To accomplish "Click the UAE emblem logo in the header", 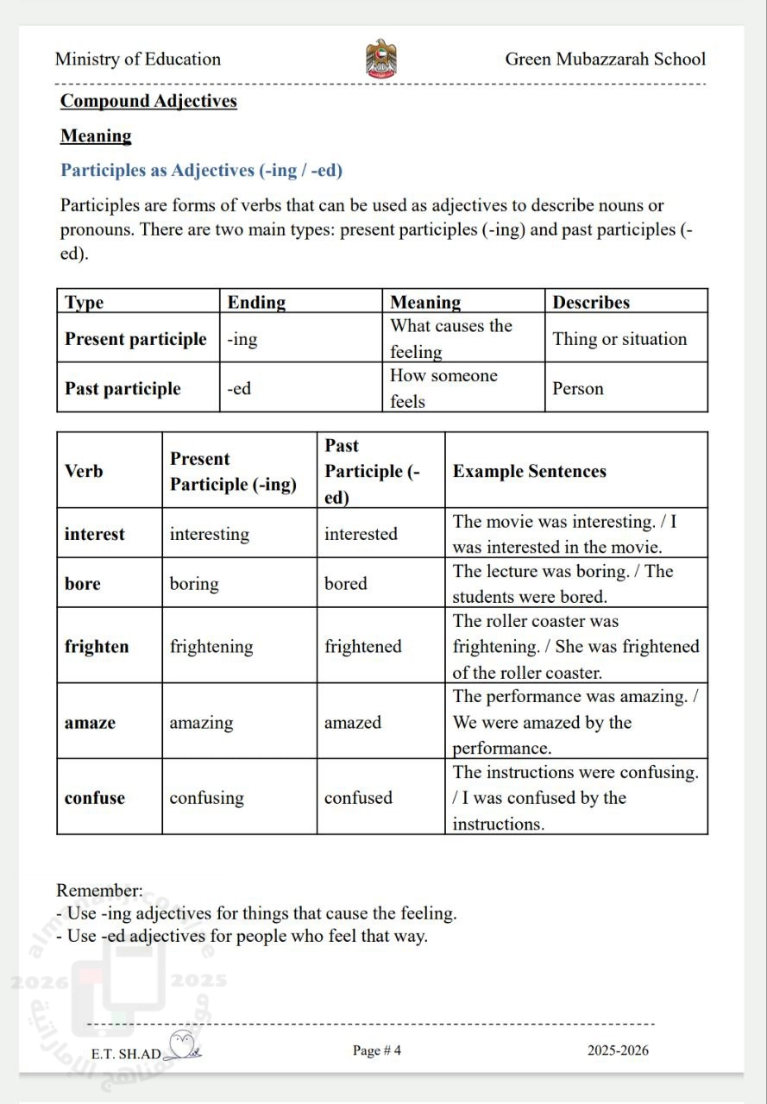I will click(x=381, y=59).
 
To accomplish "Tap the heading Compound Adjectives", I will click(x=148, y=101).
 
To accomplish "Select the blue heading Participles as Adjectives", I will click(x=201, y=170).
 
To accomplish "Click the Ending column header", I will click(x=256, y=302).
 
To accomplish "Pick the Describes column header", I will click(x=591, y=302).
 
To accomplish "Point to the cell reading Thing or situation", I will click(x=619, y=339).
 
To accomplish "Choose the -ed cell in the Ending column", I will click(x=239, y=388).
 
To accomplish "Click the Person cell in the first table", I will click(x=578, y=388).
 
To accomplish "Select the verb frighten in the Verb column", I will click(x=97, y=646).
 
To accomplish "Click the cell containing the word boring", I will click(x=194, y=583).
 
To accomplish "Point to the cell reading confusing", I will click(x=206, y=798).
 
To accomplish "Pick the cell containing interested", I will click(x=361, y=534).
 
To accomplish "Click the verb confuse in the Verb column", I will click(x=94, y=798).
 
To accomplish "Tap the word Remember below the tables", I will click(x=99, y=890).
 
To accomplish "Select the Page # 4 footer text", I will click(x=377, y=1050).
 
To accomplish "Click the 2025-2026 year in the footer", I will click(x=618, y=1050).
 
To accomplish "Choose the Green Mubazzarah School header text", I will click(x=605, y=59).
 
